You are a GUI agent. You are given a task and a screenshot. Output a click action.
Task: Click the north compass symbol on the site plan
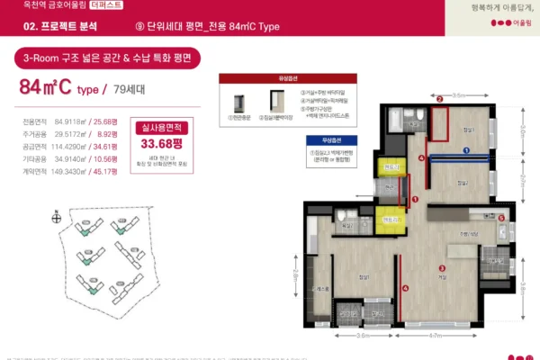coord(57,217)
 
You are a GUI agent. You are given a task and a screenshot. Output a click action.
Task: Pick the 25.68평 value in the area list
coord(105,121)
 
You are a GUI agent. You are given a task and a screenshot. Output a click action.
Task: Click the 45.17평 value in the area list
coord(105,171)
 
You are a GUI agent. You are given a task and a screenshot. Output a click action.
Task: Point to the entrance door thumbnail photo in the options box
coord(240,102)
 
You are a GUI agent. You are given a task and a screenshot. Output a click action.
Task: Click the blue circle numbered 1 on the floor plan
coord(466,151)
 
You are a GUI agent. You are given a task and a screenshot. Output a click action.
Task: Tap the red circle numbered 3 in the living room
coord(441,267)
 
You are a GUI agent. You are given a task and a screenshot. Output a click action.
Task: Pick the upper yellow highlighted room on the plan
coord(390,168)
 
